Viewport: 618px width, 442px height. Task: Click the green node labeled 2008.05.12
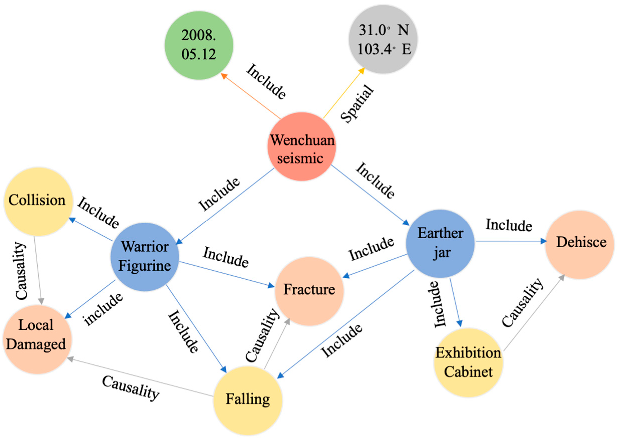click(x=199, y=45)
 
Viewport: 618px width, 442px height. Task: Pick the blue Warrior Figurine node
click(x=145, y=257)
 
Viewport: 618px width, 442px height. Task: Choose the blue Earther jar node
click(x=440, y=243)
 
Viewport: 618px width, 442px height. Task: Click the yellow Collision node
click(x=38, y=202)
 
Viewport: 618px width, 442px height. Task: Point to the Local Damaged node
click(x=37, y=339)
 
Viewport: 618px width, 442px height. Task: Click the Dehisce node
click(x=579, y=245)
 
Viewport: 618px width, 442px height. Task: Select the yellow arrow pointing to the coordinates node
click(x=343, y=93)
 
